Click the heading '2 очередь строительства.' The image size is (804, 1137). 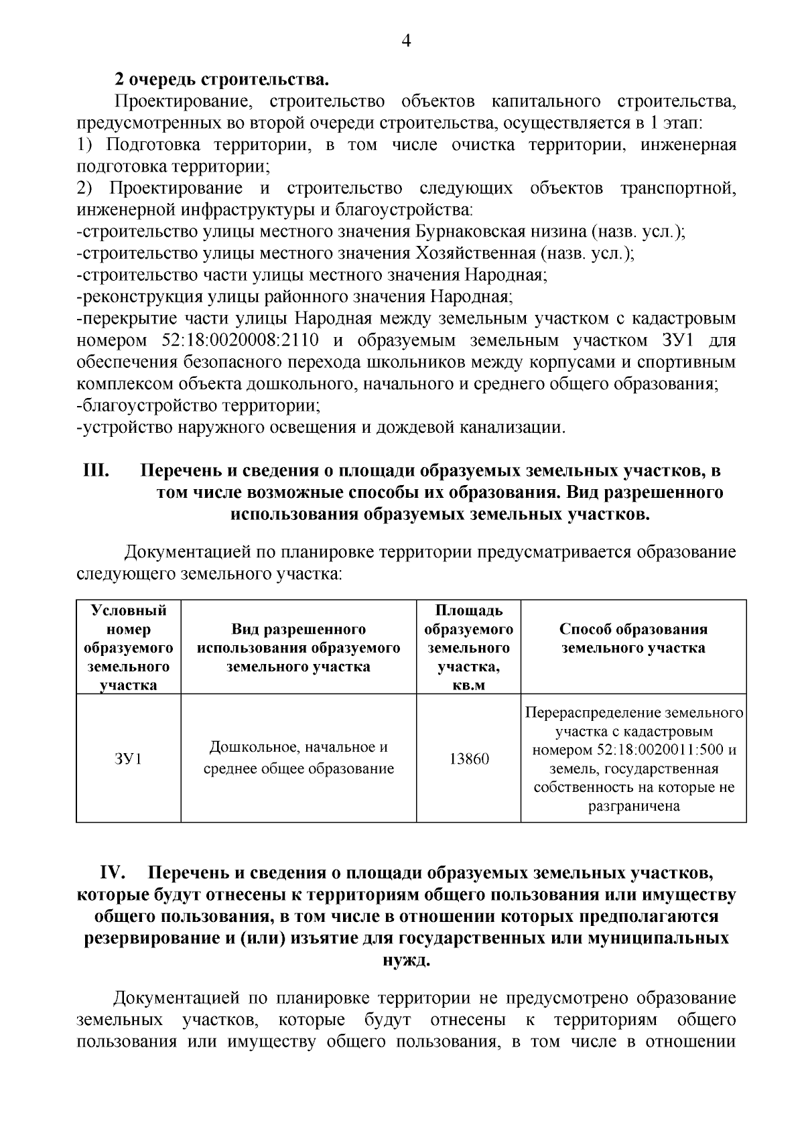point(222,80)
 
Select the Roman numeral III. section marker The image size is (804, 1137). point(96,471)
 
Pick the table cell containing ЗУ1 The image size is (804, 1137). point(128,759)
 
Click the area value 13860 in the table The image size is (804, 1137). point(468,759)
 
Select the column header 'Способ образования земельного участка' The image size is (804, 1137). point(633,639)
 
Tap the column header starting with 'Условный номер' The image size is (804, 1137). point(128,647)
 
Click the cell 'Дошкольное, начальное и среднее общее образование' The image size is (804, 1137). point(298,758)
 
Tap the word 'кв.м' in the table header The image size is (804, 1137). point(468,685)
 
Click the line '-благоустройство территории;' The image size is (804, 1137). point(198,406)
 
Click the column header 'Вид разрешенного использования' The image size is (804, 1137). point(298,648)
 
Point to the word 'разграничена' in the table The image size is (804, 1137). point(634,807)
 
